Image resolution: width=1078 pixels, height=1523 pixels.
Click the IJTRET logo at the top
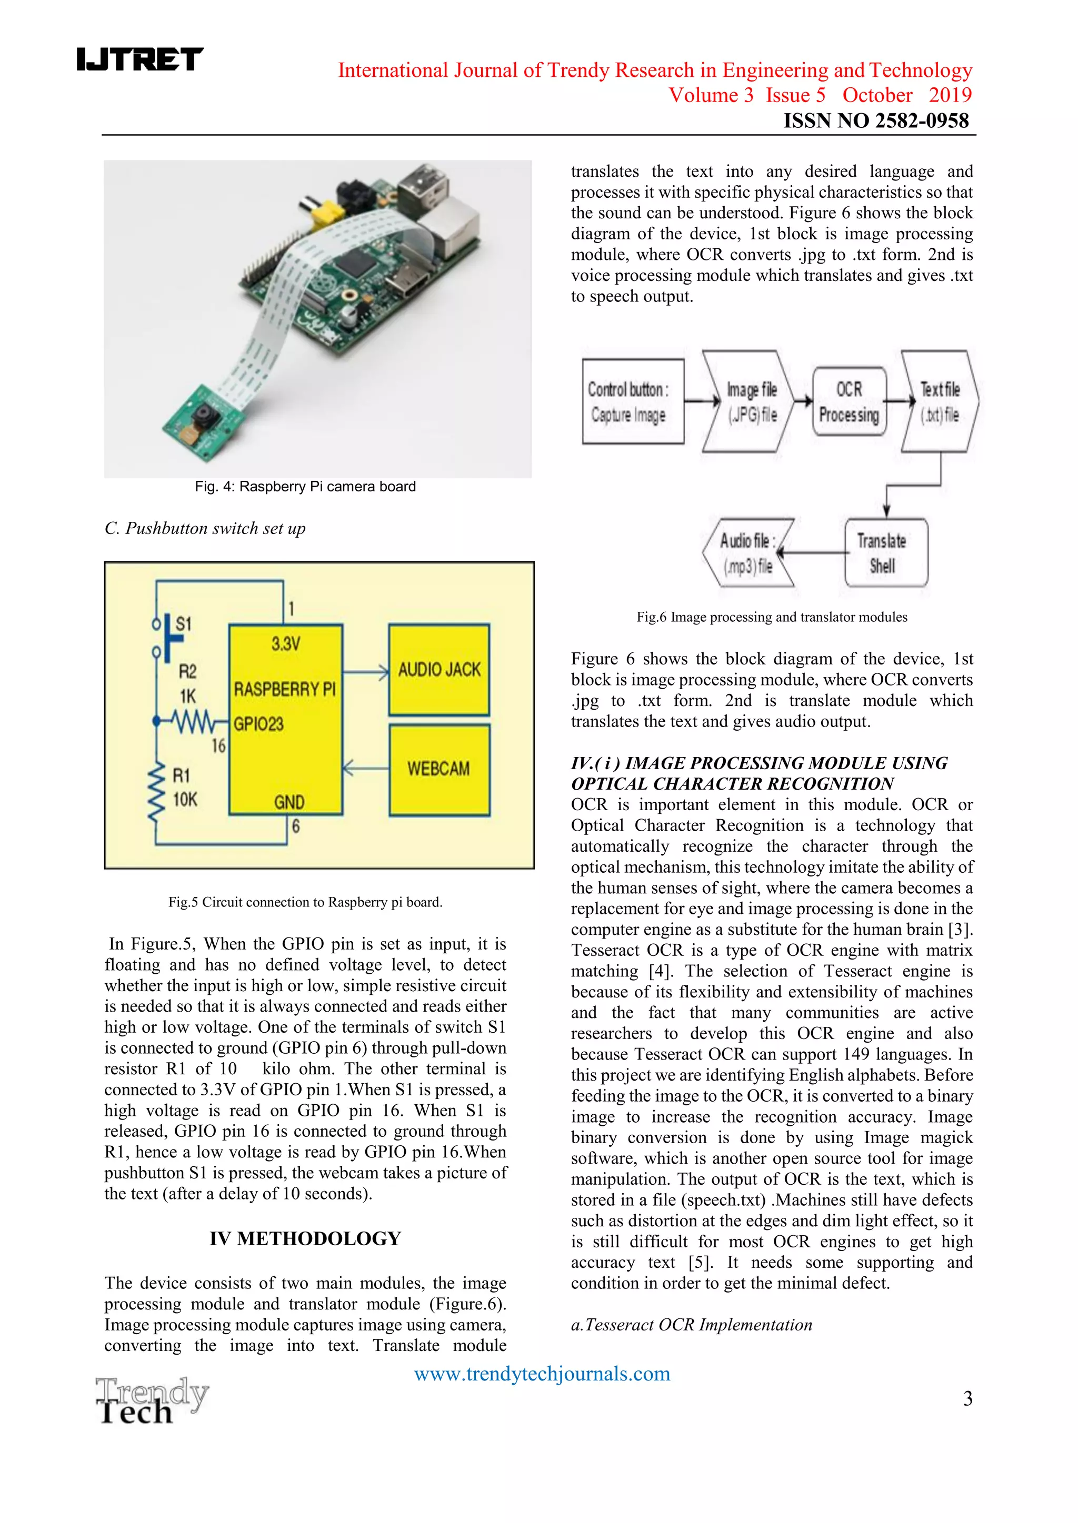tap(139, 59)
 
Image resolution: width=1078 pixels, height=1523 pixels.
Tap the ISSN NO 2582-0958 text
tap(875, 120)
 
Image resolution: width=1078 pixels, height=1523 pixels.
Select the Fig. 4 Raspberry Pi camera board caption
tap(305, 487)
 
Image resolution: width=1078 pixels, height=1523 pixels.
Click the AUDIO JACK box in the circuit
tap(439, 669)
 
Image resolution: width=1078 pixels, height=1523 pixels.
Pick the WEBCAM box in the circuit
tap(439, 769)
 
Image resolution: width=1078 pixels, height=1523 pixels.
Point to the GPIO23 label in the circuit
tap(258, 724)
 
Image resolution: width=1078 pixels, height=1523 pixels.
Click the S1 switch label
tap(183, 623)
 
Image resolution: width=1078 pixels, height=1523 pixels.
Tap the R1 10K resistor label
tap(183, 788)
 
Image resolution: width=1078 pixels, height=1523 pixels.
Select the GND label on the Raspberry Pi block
tap(289, 803)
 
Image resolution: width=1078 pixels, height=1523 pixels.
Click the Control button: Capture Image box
tap(633, 401)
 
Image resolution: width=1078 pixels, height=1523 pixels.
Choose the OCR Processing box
tap(849, 401)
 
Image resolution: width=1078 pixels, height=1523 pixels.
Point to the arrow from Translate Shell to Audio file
tap(811, 552)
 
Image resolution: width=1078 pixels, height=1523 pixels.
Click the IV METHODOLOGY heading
tap(305, 1238)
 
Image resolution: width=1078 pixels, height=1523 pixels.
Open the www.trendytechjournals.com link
tap(542, 1373)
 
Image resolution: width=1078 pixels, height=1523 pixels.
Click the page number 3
tap(967, 1398)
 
